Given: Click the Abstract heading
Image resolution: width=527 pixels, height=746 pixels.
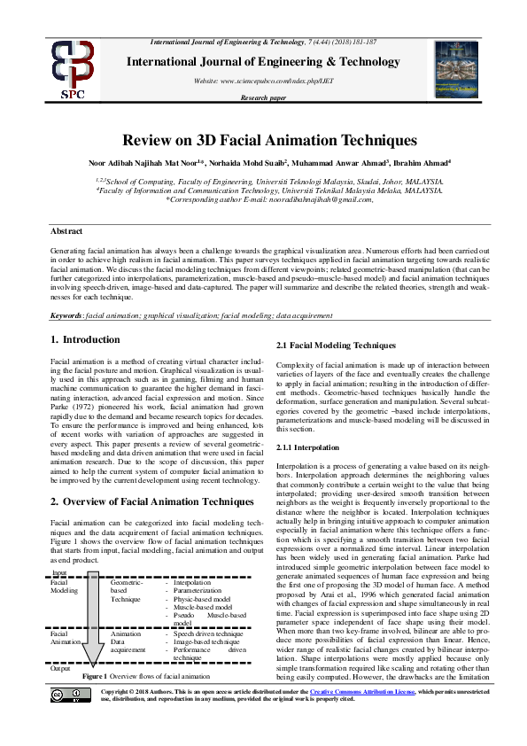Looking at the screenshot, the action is pos(67,230).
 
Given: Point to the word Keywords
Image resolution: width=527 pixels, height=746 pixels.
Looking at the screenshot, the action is pos(66,315).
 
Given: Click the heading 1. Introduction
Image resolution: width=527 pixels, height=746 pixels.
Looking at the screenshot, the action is pos(85,339).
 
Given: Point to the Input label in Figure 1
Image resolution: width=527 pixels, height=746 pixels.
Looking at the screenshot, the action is pos(60,574).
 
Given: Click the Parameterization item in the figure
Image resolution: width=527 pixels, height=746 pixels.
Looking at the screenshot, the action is pos(198,589).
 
